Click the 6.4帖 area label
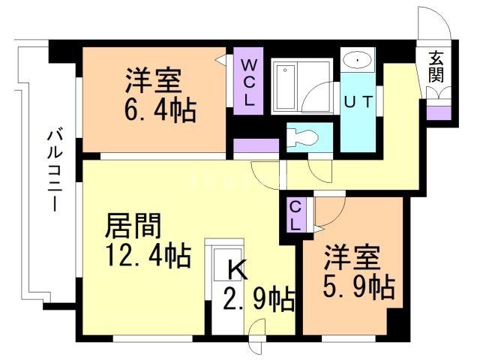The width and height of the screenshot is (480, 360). click(160, 110)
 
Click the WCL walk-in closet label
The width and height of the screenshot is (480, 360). click(248, 80)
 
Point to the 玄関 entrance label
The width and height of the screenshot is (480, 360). click(436, 67)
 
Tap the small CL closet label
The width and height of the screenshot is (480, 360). click(295, 215)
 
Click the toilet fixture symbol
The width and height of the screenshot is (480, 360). click(303, 138)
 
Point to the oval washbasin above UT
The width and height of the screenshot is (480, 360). click(360, 60)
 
